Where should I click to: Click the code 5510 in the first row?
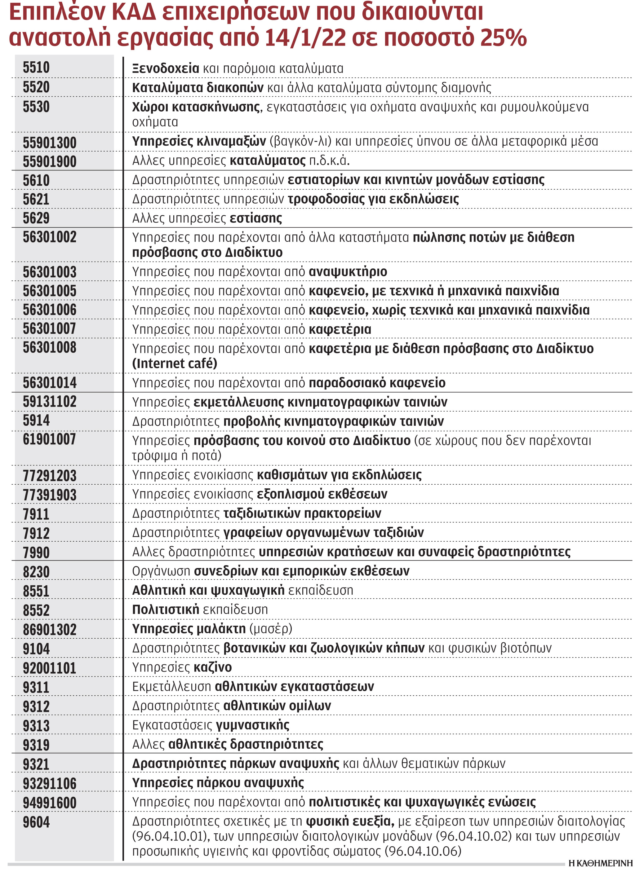(36, 68)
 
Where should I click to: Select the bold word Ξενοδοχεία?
(165, 68)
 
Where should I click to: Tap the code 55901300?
(49, 143)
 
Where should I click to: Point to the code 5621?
(36, 199)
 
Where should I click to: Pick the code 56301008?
(49, 348)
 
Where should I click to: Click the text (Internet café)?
(174, 363)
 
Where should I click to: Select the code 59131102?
(49, 402)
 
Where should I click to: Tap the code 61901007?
(49, 439)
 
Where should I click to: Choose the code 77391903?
(49, 495)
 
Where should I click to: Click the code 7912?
(36, 533)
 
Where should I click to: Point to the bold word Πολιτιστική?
(165, 610)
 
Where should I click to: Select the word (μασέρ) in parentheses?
(271, 629)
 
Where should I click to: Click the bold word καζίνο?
(212, 667)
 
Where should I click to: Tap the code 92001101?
(49, 668)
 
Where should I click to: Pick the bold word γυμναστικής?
(252, 725)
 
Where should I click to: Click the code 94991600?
(49, 803)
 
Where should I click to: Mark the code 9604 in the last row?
(36, 822)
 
